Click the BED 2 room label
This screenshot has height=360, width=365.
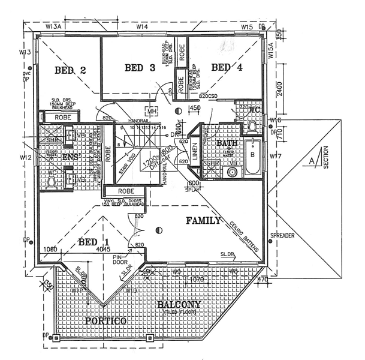click(71, 70)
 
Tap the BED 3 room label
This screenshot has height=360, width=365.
click(140, 68)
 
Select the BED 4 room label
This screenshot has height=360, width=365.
click(227, 67)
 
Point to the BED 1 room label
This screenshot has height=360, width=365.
click(95, 242)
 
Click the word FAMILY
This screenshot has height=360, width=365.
click(204, 221)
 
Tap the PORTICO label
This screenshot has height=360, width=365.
click(105, 322)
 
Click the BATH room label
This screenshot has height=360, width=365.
click(227, 143)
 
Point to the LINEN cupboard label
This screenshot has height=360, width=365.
click(195, 152)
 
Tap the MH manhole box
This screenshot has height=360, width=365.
click(152, 112)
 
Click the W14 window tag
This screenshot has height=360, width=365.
click(142, 27)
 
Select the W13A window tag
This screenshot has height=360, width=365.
click(54, 27)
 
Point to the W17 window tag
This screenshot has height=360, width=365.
click(276, 157)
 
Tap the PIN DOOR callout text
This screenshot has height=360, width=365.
click(122, 259)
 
